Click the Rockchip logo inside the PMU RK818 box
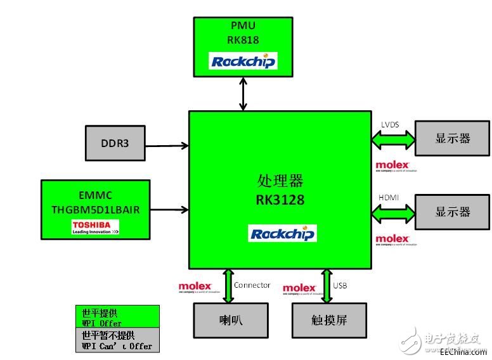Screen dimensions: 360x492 (243, 61)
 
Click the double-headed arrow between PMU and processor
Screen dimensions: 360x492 (243, 94)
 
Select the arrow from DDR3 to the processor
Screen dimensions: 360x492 (166, 146)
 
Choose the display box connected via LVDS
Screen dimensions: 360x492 (452, 139)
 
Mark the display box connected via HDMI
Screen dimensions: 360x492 (452, 211)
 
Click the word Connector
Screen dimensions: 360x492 (252, 285)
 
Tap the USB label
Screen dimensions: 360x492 (340, 285)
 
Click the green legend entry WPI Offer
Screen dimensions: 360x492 (117, 318)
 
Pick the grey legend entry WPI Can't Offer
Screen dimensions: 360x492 (117, 340)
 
